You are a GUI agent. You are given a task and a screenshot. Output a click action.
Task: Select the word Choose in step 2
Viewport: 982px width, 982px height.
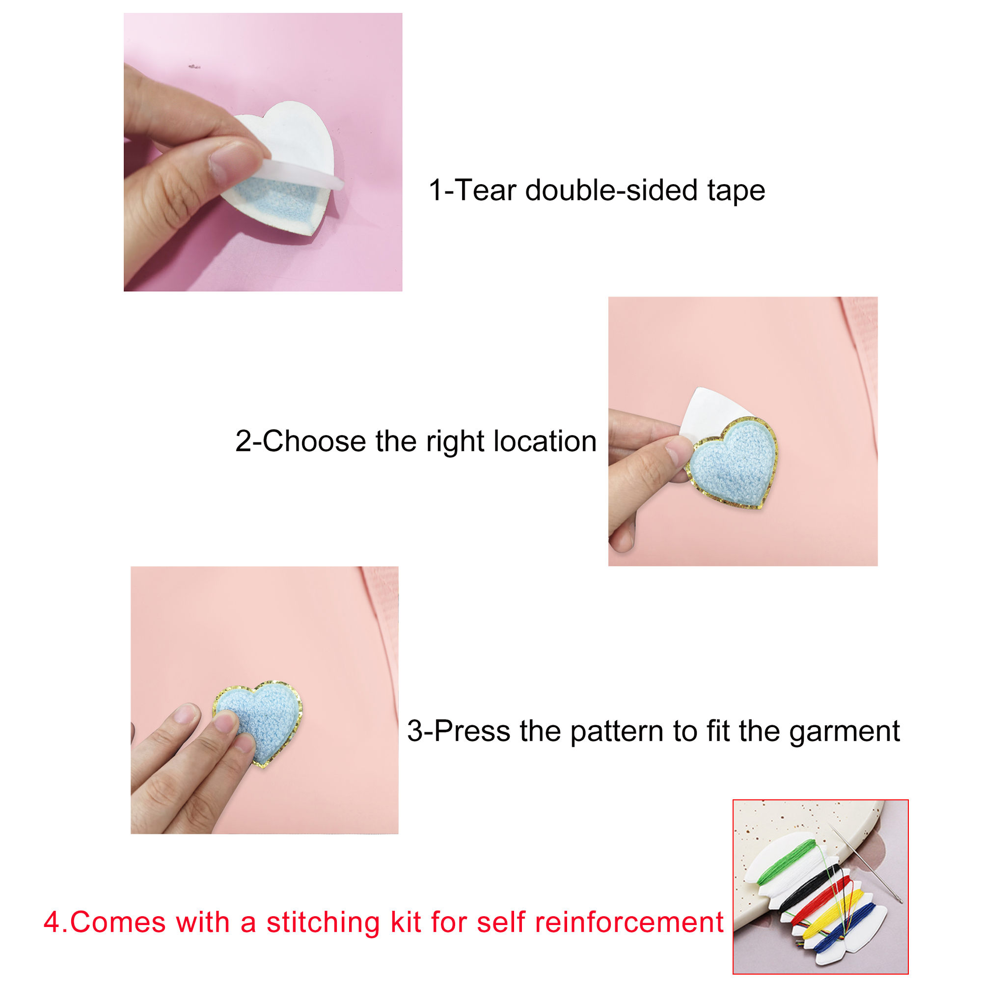pos(314,441)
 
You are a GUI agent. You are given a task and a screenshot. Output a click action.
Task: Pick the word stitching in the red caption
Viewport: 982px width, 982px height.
pos(323,923)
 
